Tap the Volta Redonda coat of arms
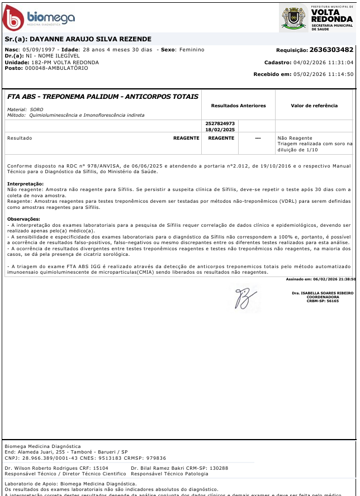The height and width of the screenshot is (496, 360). tap(293, 18)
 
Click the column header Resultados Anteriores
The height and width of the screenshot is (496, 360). tap(238, 106)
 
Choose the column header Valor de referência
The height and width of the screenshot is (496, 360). tap(314, 106)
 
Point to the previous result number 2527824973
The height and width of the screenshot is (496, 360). tap(220, 123)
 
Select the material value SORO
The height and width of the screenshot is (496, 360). tap(37, 109)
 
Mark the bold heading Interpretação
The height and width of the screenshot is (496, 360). tap(25, 184)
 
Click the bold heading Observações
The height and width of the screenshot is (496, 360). tap(23, 219)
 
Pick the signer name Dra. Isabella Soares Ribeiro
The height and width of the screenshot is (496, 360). tap(323, 293)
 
